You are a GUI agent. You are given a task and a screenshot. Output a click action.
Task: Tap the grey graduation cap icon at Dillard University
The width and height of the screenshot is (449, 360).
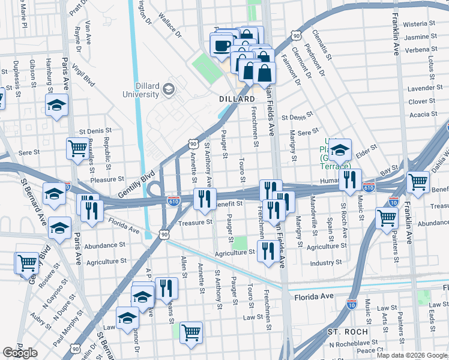tap(169, 89)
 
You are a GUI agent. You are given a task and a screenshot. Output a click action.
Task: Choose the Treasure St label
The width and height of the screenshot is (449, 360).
tap(196, 222)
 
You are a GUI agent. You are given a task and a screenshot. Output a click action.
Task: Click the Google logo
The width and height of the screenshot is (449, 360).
tap(20, 353)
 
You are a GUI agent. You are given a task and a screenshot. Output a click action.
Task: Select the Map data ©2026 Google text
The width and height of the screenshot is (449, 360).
tap(412, 355)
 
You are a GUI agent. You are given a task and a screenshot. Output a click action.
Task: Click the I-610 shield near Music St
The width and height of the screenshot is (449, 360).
tap(369, 187)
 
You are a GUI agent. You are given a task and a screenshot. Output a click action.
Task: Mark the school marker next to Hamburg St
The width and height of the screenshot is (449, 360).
tap(56, 105)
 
